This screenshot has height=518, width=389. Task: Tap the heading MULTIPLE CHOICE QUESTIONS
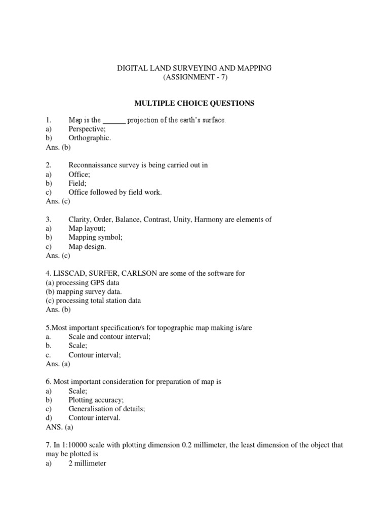pyautogui.click(x=194, y=103)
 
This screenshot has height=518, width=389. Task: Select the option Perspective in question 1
pyautogui.click(x=88, y=129)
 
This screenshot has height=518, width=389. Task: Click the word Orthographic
pyautogui.click(x=89, y=138)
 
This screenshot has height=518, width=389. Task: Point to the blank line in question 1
pyautogui.click(x=114, y=120)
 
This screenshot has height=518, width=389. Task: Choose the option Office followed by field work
pyautogui.click(x=115, y=192)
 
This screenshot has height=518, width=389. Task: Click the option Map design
pyautogui.click(x=87, y=246)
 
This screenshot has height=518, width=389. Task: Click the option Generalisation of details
pyautogui.click(x=105, y=409)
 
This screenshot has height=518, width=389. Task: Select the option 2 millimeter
pyautogui.click(x=87, y=463)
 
